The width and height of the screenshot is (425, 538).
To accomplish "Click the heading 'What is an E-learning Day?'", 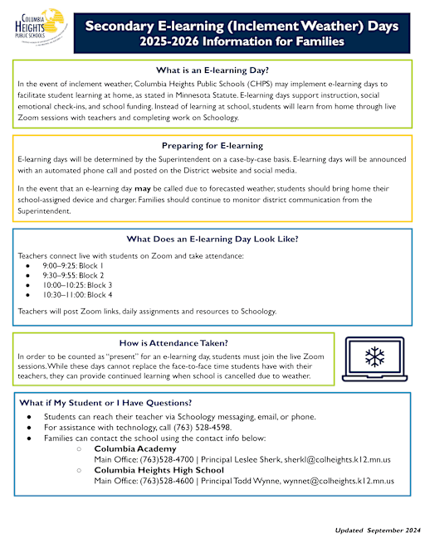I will tap(212, 70).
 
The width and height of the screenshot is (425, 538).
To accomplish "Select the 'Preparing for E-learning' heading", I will tap(212, 145).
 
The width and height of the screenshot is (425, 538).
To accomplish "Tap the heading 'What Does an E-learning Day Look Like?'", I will tap(212, 240).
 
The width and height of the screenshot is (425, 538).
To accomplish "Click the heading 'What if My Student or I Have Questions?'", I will tap(108, 403).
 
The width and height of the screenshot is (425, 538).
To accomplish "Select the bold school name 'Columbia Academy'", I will tap(133, 448).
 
